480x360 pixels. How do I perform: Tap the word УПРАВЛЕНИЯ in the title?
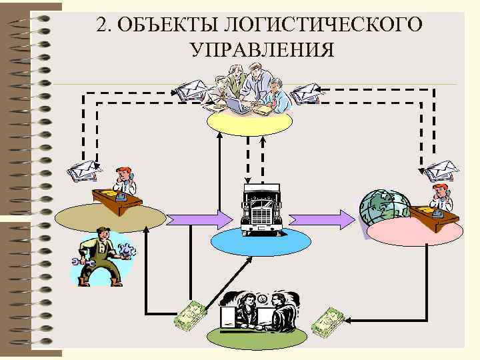click(x=261, y=50)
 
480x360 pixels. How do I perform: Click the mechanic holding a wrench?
click(x=100, y=257)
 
